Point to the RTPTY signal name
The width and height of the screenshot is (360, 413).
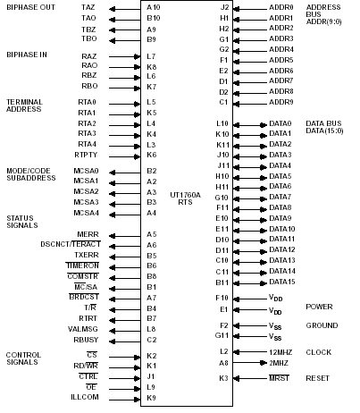(x=87, y=155)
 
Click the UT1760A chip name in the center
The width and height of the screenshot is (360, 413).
(x=185, y=194)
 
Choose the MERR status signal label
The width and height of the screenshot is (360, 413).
(x=88, y=234)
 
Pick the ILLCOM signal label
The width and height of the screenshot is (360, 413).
(x=84, y=398)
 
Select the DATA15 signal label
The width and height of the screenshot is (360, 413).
(x=280, y=282)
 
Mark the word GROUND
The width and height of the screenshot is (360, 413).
(x=322, y=325)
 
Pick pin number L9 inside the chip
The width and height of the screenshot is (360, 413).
(x=152, y=387)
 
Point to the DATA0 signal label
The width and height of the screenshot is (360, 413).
(x=280, y=122)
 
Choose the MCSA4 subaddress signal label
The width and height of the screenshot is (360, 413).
(x=87, y=213)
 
